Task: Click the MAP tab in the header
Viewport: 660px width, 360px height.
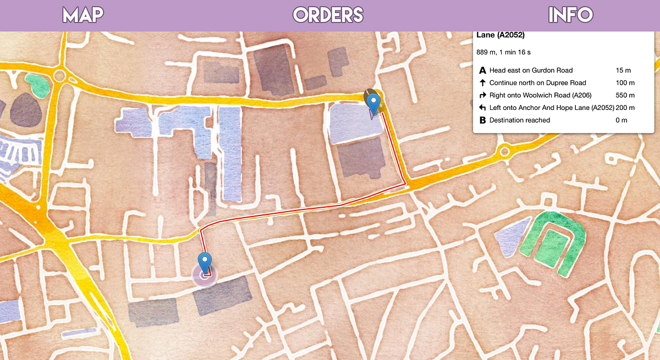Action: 83,15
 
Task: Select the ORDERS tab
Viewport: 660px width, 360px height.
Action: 328,15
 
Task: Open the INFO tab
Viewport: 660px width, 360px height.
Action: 570,15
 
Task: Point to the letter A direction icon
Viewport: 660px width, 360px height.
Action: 483,70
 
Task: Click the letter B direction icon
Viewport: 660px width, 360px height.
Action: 483,120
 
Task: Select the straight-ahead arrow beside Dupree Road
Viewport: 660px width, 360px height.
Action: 483,83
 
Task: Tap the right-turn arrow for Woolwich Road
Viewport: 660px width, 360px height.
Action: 483,95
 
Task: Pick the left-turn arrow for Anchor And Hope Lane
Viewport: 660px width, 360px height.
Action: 483,108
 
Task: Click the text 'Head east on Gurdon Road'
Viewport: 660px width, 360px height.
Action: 531,70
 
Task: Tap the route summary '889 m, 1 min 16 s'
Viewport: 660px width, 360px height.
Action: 503,52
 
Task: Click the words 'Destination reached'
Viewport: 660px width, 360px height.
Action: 519,120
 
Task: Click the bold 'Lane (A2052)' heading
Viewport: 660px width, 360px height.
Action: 501,36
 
